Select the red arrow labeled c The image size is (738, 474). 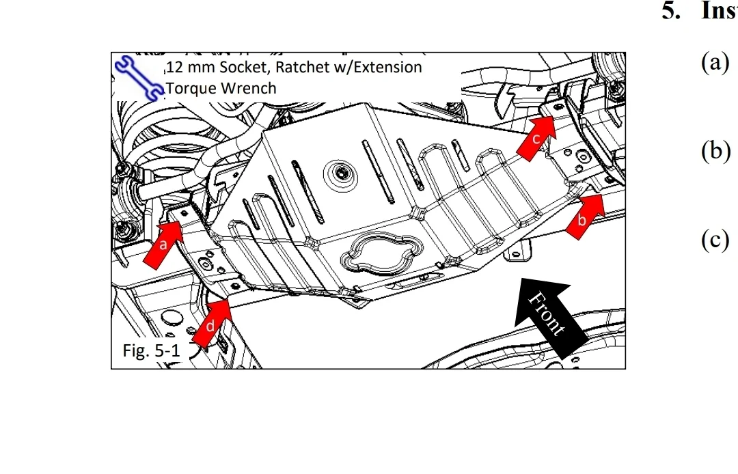tap(538, 138)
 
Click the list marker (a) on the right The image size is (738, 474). tap(715, 63)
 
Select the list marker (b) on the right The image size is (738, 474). tap(716, 151)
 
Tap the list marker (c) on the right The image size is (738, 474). tap(715, 240)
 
